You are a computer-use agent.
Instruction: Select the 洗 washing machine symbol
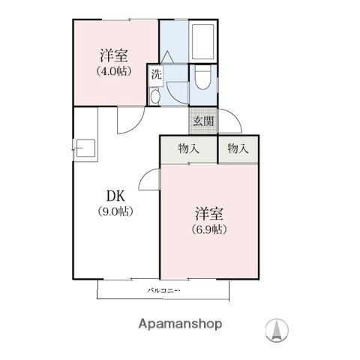point(156,73)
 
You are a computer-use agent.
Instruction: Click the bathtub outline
point(204,43)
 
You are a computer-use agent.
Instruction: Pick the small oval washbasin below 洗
point(154,97)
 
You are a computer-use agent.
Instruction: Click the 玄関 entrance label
point(202,121)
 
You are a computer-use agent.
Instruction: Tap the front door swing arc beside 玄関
point(232,120)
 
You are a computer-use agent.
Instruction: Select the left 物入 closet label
point(188,148)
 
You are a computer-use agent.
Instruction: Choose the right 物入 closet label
point(238,148)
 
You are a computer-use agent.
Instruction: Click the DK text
point(115,196)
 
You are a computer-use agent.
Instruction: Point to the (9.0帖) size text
point(115,211)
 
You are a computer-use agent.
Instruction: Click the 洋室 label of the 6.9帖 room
point(209,213)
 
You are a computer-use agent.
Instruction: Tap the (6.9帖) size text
point(209,229)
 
